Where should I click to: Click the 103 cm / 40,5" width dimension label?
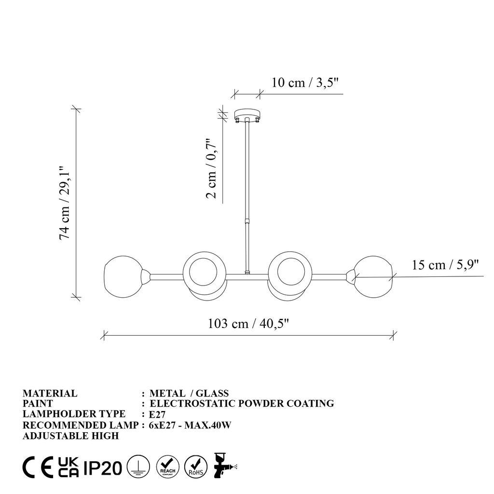click(248, 323)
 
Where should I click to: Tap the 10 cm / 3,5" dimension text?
click(306, 82)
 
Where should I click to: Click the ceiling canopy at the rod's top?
click(247, 115)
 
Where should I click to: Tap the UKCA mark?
click(69, 467)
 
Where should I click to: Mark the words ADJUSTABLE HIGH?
click(70, 436)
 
